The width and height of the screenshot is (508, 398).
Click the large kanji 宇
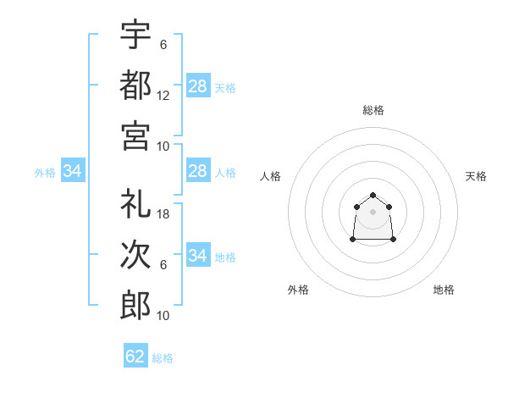(135, 34)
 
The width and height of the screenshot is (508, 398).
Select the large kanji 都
(135, 85)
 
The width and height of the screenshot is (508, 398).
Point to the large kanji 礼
(135, 203)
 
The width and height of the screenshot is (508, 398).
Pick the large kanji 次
(135, 254)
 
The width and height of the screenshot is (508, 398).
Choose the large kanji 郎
(135, 306)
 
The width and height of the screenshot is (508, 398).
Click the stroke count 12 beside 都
(163, 96)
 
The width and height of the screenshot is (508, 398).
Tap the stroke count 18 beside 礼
(163, 214)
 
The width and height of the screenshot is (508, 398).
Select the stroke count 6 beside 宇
(163, 45)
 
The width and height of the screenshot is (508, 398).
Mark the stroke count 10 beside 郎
(163, 315)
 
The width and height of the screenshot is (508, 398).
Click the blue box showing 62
(135, 355)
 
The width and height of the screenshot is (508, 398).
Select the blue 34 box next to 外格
(73, 170)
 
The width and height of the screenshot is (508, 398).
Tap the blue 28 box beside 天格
(199, 86)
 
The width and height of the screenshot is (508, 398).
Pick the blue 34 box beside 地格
(199, 254)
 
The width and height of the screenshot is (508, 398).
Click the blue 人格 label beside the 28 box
(225, 173)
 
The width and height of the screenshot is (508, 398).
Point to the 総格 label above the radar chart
(373, 110)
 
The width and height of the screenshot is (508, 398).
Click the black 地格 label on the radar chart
(444, 290)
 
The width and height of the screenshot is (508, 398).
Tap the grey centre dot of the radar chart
(373, 212)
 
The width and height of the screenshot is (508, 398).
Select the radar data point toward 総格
(373, 195)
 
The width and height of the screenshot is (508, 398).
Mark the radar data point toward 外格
(353, 239)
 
